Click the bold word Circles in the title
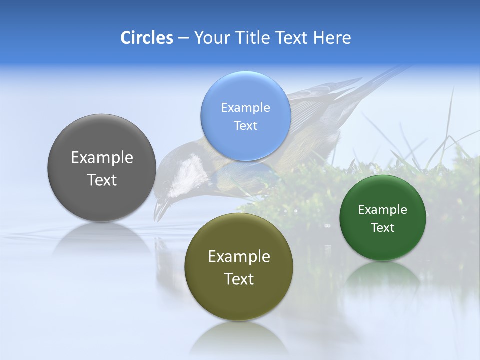147,38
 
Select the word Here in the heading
332,38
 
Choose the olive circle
239,300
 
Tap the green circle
383,245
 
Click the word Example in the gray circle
102,158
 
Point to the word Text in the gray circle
102,180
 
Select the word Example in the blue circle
246,108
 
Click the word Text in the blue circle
246,126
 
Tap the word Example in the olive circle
239,257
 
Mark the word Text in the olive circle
239,279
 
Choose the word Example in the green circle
383,210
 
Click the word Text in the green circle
383,228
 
